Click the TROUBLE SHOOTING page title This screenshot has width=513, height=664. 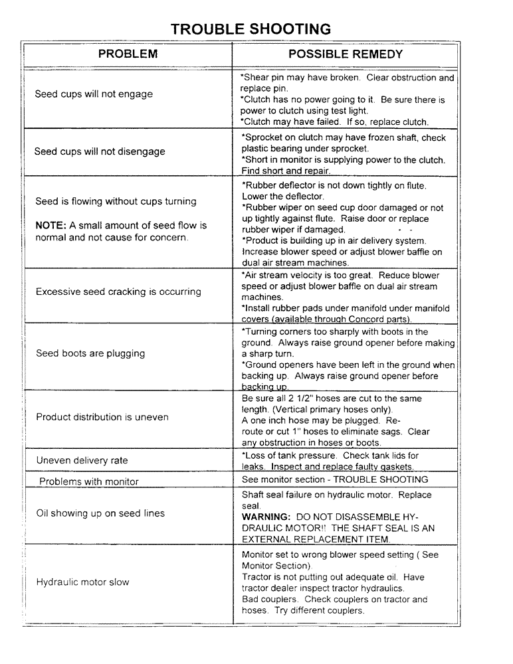tap(251, 29)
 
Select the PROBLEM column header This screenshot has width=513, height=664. tap(128, 54)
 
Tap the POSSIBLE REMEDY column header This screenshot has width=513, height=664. tap(345, 54)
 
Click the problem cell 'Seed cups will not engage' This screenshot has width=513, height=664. tap(94, 94)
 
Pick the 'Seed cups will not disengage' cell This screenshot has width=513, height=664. tap(100, 151)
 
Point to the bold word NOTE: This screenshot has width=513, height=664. tap(50, 226)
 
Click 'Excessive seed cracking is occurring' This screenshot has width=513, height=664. tap(118, 291)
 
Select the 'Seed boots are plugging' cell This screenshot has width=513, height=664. tap(90, 353)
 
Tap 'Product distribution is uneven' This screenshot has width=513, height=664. tap(102, 417)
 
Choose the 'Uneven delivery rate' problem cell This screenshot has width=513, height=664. tap(82, 460)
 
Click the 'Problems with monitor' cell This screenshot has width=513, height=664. tap(89, 481)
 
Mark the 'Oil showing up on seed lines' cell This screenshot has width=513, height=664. tap(100, 513)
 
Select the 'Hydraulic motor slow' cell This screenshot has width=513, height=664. tap(82, 582)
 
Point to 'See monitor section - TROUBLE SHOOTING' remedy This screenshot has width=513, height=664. tap(335, 479)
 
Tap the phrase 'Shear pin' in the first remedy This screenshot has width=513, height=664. tap(264, 78)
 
